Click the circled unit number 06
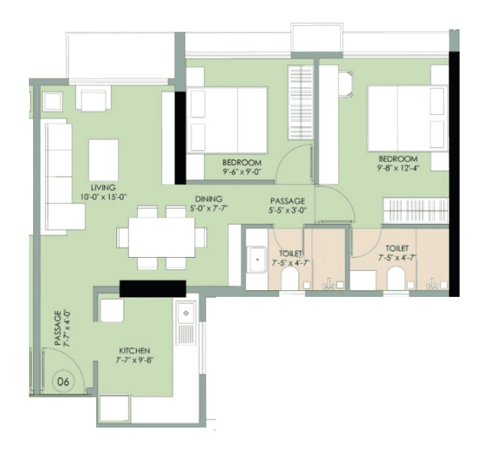pyautogui.click(x=63, y=379)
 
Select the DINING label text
pyautogui.click(x=208, y=199)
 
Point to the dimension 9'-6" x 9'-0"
pyautogui.click(x=242, y=172)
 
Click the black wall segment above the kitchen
pyautogui.click(x=153, y=287)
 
